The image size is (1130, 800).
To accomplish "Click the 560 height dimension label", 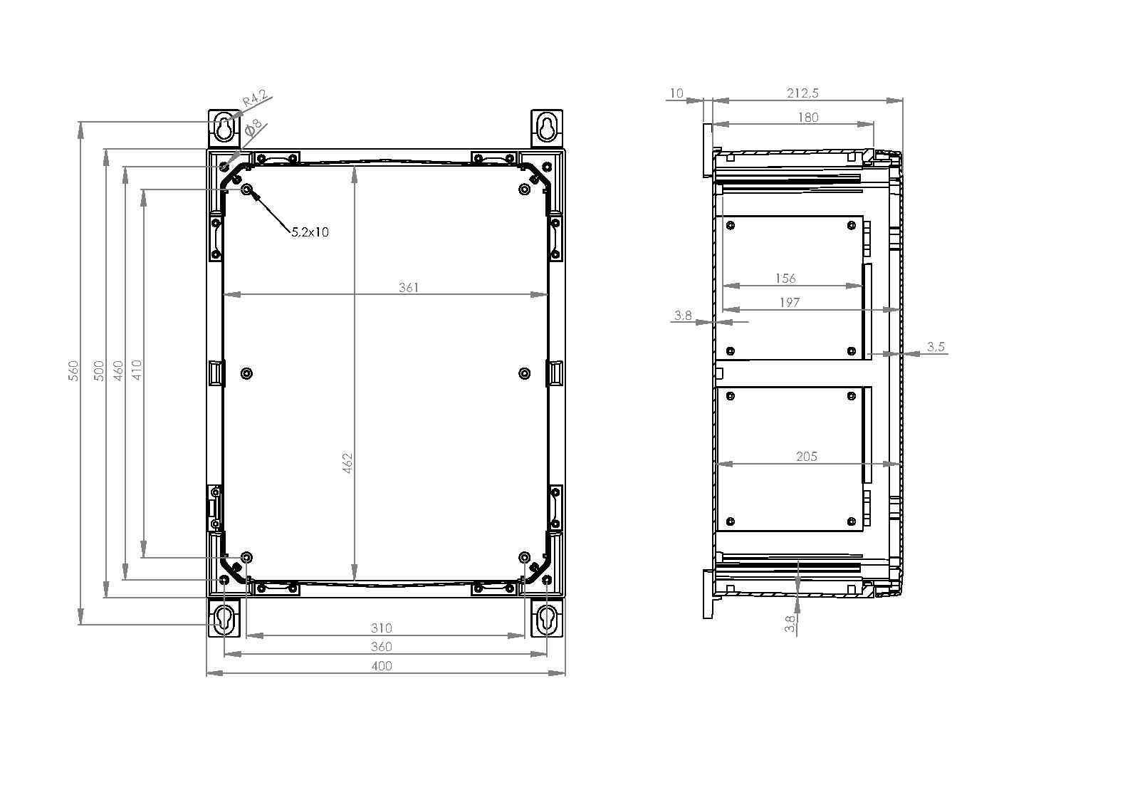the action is point(73,370).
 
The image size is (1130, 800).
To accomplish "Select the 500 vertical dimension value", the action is point(100,370).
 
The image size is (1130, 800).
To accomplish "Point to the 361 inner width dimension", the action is point(409,287).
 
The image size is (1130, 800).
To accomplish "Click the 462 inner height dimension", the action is point(347,463).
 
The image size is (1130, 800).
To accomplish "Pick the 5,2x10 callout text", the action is point(310,232).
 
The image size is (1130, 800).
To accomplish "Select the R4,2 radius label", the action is point(255,98).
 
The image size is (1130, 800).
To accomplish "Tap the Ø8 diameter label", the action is point(253,128).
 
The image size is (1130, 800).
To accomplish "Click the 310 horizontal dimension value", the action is point(382,628).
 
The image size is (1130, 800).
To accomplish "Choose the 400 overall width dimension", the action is point(382,666).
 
